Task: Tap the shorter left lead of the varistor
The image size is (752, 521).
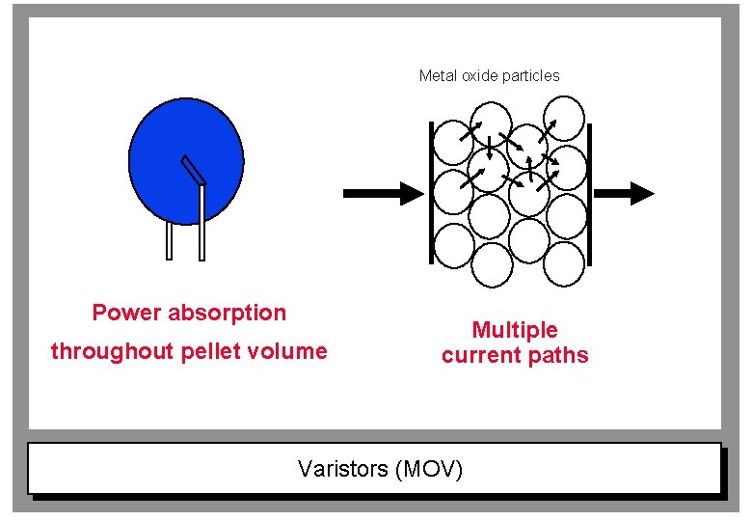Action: click(170, 240)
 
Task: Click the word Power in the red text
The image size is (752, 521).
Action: click(126, 313)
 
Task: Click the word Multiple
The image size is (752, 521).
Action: click(515, 330)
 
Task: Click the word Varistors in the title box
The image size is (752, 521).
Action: click(342, 470)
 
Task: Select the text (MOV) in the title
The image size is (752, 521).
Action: click(429, 470)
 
